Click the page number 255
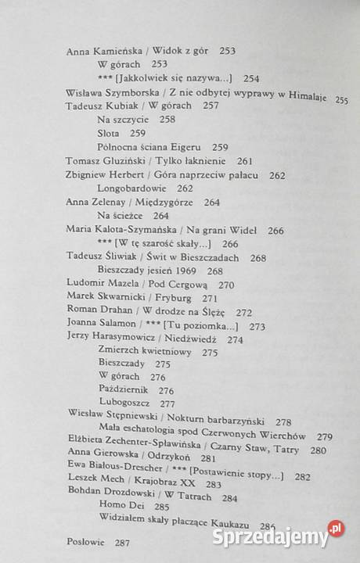click(341, 99)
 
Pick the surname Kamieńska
click(126, 50)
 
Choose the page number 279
click(325, 436)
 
